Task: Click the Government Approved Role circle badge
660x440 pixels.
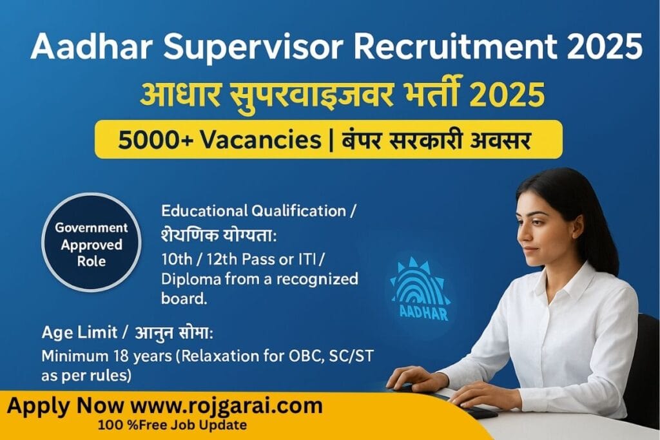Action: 91,245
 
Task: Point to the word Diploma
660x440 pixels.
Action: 187,280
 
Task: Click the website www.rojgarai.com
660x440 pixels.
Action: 226,407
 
